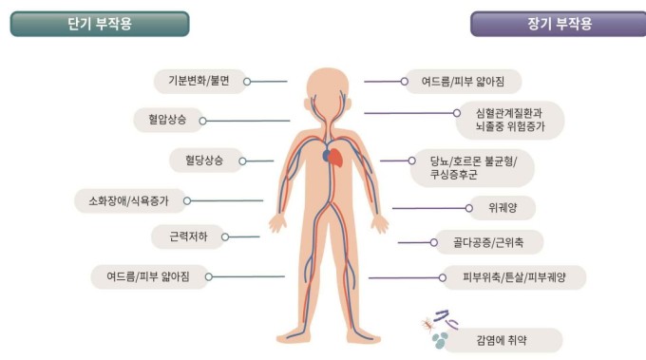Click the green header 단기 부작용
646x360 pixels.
(100, 24)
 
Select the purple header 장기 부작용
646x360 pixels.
(559, 24)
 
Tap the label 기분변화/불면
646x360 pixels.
(198, 82)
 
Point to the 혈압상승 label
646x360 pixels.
(167, 120)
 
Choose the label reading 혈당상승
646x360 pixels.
(199, 161)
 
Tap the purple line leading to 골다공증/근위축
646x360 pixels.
(414, 242)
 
